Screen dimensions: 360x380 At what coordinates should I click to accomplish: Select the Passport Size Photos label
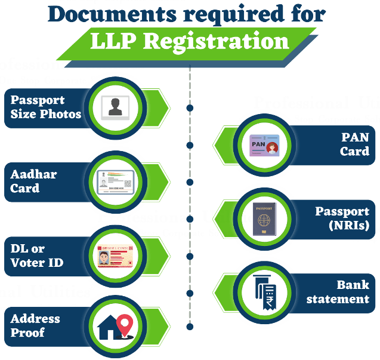point(45,107)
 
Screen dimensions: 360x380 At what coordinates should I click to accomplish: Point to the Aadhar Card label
point(33,181)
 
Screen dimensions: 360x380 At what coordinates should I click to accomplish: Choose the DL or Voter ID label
point(37,256)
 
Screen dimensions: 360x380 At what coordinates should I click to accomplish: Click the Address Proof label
point(35,325)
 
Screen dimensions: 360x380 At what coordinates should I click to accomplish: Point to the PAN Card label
point(354,144)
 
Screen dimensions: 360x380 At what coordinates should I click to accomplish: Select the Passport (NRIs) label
point(342,219)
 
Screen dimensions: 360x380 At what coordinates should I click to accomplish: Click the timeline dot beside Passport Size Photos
point(190,108)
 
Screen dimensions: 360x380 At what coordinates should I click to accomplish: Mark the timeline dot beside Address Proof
point(190,327)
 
